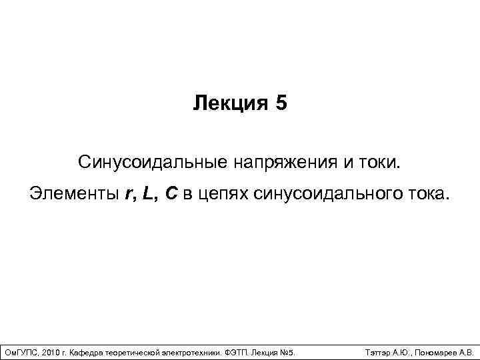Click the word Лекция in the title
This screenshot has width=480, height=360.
(x=227, y=103)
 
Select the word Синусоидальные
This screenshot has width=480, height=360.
(x=145, y=162)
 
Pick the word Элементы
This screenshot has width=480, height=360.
(x=73, y=195)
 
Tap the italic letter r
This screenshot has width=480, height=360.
(x=129, y=195)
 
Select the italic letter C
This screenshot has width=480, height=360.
(x=172, y=195)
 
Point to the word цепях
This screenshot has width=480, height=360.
(x=224, y=195)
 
